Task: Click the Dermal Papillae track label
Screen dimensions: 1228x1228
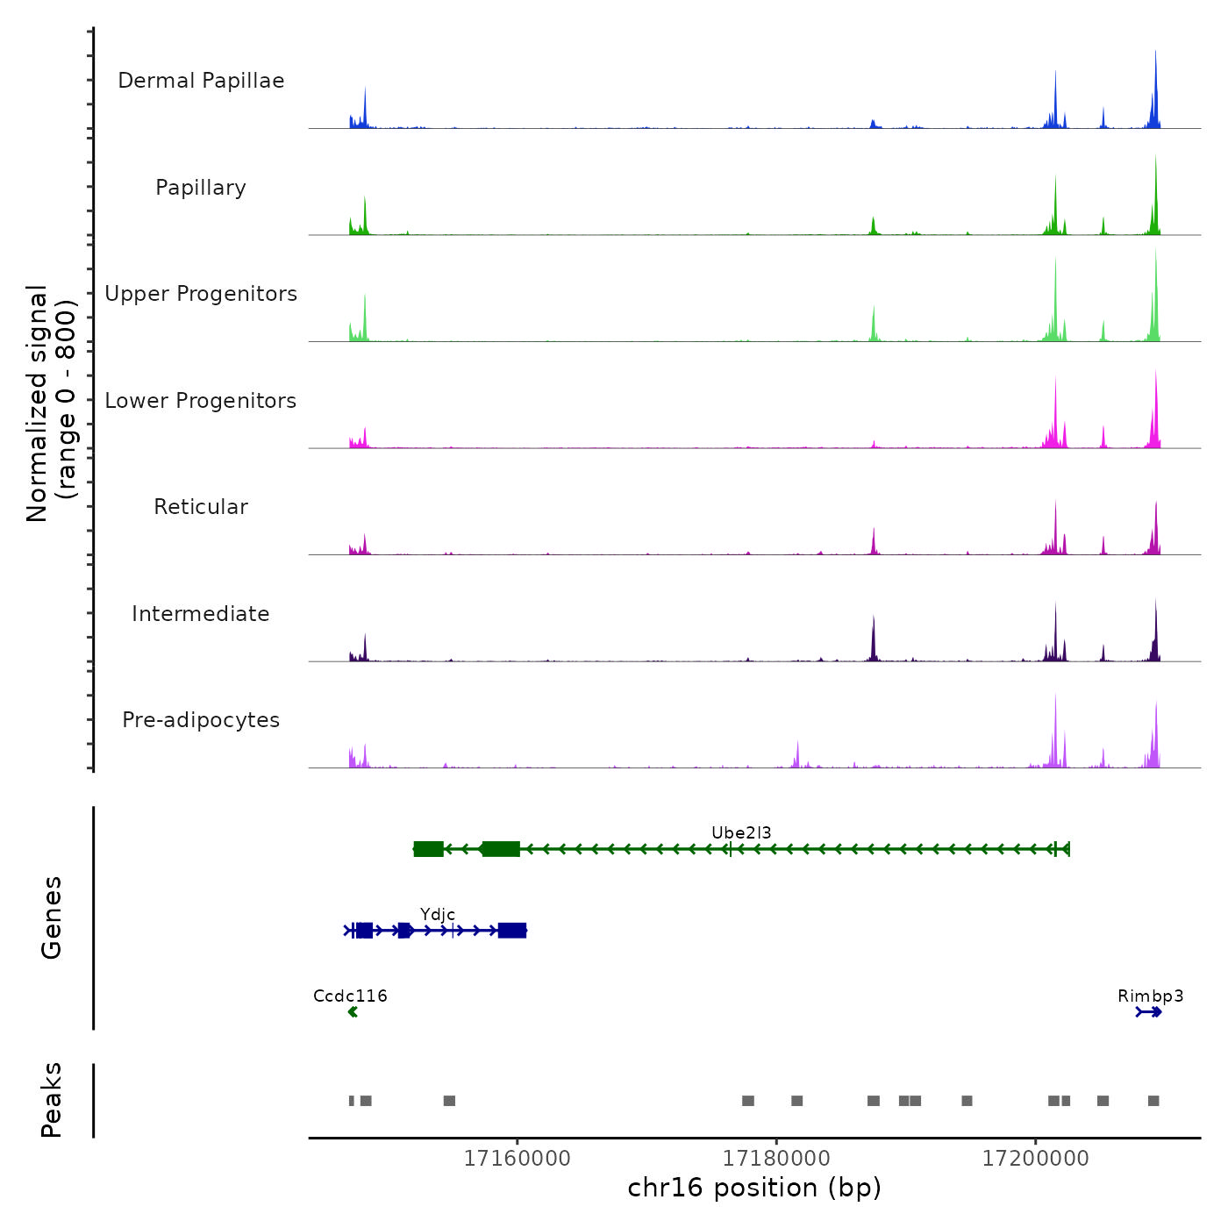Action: (x=201, y=81)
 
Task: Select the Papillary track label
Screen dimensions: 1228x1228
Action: (x=201, y=188)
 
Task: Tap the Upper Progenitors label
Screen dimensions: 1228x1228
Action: (x=201, y=294)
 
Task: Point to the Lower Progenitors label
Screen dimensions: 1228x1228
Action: (x=201, y=401)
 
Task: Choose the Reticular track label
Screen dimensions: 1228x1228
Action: (x=201, y=507)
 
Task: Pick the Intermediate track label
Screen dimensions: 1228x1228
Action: (x=201, y=614)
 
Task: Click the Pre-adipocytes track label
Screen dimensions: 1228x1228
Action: (x=201, y=720)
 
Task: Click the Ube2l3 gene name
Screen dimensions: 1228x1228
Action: (x=741, y=832)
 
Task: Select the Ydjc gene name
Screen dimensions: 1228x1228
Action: (x=437, y=915)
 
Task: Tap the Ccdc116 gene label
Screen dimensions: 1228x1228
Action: (x=350, y=996)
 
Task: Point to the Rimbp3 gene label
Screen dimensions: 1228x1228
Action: (x=1150, y=996)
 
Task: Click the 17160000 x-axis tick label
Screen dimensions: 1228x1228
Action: (x=517, y=1159)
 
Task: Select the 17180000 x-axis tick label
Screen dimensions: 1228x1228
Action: (x=776, y=1159)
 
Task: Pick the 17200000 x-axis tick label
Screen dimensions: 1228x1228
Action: (x=1035, y=1159)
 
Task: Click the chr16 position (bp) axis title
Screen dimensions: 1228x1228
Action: (x=754, y=1188)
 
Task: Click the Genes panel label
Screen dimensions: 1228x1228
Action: (x=52, y=917)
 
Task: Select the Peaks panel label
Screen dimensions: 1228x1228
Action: (x=52, y=1100)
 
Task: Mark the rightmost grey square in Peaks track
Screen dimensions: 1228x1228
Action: (x=1153, y=1101)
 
